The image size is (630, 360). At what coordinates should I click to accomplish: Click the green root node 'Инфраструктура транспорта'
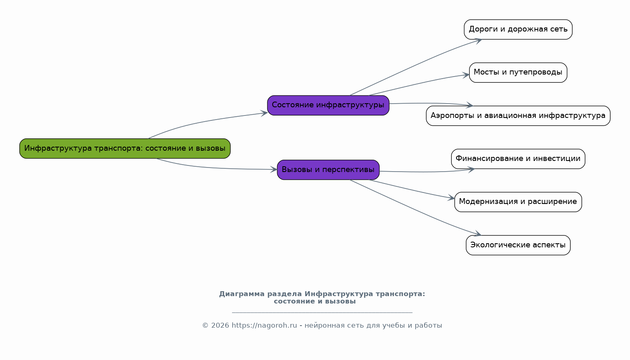pyautogui.click(x=125, y=148)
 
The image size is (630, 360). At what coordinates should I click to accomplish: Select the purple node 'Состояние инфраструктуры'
pyautogui.click(x=328, y=105)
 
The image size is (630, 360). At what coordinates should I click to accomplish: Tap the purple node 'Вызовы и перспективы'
pyautogui.click(x=328, y=170)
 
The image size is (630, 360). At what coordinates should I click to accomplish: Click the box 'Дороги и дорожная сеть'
pyautogui.click(x=518, y=29)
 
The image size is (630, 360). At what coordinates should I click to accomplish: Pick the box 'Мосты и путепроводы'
pyautogui.click(x=518, y=72)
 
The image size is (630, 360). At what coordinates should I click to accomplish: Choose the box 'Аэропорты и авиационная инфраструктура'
pyautogui.click(x=518, y=115)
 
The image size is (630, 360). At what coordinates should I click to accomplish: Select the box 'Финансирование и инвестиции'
pyautogui.click(x=518, y=159)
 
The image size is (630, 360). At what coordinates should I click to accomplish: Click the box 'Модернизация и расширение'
pyautogui.click(x=518, y=202)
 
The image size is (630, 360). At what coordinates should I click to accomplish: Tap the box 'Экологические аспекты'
pyautogui.click(x=518, y=245)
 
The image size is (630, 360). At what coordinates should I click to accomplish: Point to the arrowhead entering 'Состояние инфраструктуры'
pyautogui.click(x=265, y=113)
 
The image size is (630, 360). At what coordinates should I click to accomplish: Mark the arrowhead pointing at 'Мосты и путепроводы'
pyautogui.click(x=466, y=75)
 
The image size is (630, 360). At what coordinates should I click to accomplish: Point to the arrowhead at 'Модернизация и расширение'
pyautogui.click(x=452, y=198)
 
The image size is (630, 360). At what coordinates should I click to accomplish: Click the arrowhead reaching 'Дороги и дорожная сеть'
pyautogui.click(x=478, y=40)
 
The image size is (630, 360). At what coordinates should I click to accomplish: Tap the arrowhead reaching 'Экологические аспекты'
pyautogui.click(x=478, y=234)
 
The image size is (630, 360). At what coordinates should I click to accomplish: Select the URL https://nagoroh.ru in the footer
pyautogui.click(x=264, y=326)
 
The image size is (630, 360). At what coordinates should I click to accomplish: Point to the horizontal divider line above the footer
pyautogui.click(x=322, y=312)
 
